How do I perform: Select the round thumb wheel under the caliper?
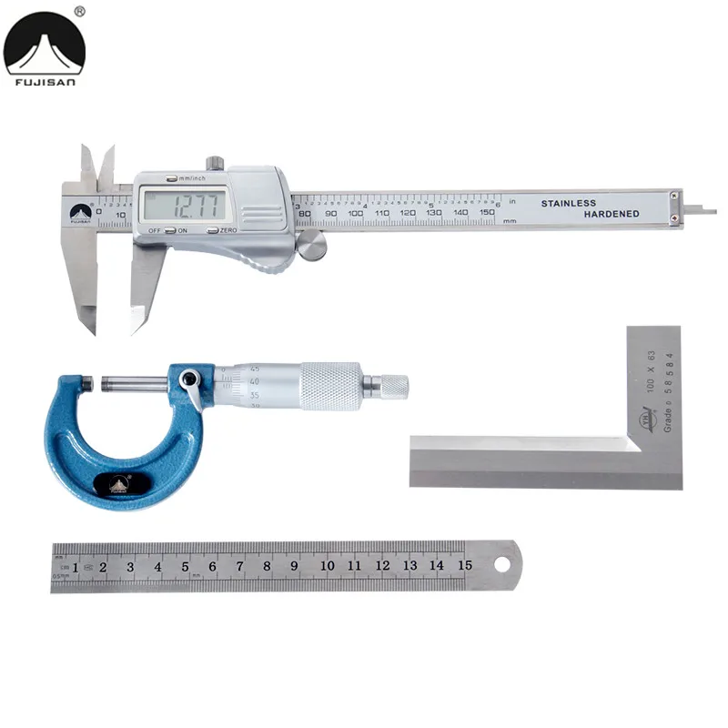(311, 245)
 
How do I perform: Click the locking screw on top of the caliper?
(215, 164)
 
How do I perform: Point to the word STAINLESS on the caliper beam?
(569, 203)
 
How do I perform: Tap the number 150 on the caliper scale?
(487, 212)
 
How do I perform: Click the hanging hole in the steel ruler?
(501, 564)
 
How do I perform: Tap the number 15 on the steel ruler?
(464, 565)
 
